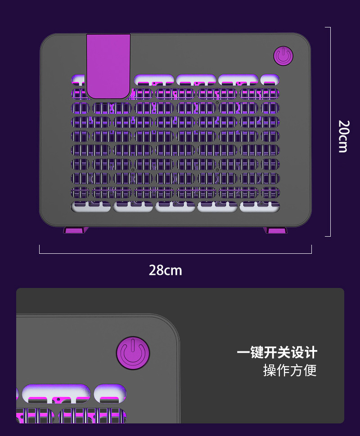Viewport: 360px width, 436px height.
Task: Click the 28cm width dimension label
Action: (x=165, y=270)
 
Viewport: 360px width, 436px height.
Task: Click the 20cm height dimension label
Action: (x=343, y=136)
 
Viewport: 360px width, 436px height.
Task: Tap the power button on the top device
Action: (x=283, y=56)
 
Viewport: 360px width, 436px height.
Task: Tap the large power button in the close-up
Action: (x=133, y=354)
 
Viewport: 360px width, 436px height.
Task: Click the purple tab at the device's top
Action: (x=108, y=65)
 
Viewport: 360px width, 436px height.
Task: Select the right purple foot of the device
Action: (x=275, y=230)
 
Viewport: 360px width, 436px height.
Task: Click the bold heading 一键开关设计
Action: (x=277, y=352)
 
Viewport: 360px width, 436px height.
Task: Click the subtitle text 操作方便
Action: (x=290, y=370)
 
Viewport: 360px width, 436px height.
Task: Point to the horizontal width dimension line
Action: (x=175, y=253)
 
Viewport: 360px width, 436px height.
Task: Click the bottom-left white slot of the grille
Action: (x=91, y=207)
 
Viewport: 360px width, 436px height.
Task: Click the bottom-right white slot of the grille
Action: (x=260, y=207)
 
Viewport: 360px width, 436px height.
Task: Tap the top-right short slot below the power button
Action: (x=270, y=80)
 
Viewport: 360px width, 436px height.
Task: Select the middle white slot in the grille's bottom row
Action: (x=175, y=207)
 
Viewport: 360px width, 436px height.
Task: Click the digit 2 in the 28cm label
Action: (x=153, y=270)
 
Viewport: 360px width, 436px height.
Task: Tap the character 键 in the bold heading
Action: (x=257, y=352)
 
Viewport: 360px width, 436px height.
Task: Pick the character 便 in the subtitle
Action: (x=310, y=370)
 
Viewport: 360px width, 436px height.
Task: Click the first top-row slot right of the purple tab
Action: (x=154, y=80)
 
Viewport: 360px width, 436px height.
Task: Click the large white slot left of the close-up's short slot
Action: (x=56, y=393)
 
